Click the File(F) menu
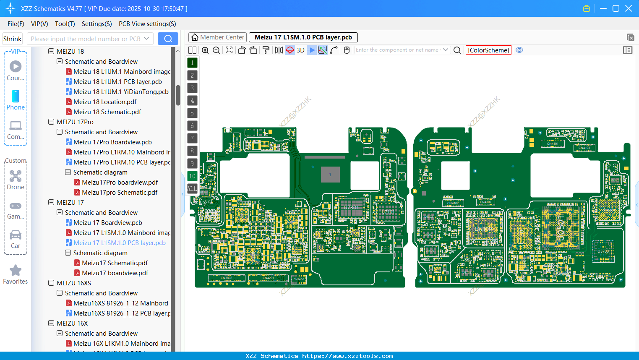coord(16,24)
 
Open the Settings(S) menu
coord(97,24)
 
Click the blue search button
coord(168,39)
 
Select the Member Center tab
coord(217,37)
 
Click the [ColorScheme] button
coord(488,50)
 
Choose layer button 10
coord(192,176)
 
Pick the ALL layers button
coord(192,189)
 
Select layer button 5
coord(192,113)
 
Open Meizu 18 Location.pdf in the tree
coord(104,102)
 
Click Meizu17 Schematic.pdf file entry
coord(115,263)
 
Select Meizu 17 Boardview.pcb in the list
coord(107,223)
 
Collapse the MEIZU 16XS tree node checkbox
coord(51,283)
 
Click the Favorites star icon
coord(16,271)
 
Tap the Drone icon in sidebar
coord(16,177)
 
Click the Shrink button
coord(12,39)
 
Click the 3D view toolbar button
coord(300,50)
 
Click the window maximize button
coord(616,8)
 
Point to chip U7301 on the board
coord(351,207)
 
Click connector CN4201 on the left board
coord(268,278)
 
